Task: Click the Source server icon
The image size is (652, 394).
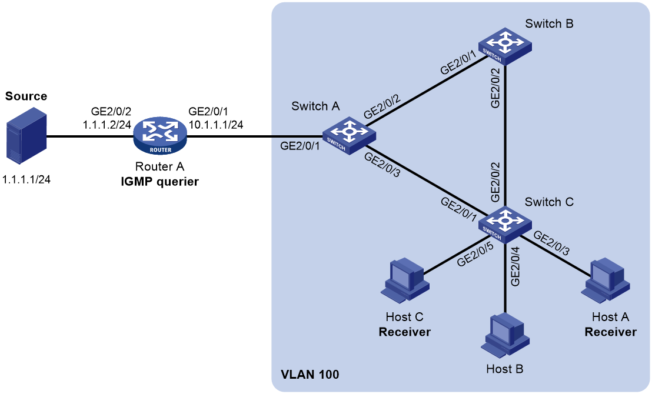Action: (26, 135)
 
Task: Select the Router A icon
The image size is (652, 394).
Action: (160, 137)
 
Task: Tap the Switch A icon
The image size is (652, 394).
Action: (349, 135)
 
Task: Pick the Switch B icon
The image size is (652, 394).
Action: (505, 46)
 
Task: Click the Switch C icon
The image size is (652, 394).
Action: (505, 225)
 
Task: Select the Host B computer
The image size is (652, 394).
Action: (505, 336)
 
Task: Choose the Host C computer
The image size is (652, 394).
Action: (405, 280)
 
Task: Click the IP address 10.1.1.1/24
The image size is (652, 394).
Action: (216, 124)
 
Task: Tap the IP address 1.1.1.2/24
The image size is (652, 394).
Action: (107, 124)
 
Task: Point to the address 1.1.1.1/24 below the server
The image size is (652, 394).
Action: (26, 179)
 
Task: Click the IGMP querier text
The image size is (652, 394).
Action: (159, 182)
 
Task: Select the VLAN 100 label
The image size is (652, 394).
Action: (310, 375)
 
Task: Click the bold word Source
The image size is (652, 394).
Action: (26, 96)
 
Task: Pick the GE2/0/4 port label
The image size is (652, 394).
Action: (515, 266)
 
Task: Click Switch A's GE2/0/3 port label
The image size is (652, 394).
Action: (382, 165)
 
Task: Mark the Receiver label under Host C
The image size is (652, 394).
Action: (405, 332)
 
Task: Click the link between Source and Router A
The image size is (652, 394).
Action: (90, 136)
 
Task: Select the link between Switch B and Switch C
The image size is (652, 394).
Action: (505, 135)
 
